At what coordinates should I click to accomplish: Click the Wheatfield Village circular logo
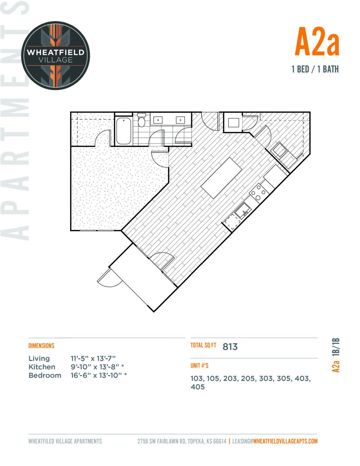(56, 56)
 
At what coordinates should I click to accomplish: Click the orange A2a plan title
(317, 42)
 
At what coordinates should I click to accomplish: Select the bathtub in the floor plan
(123, 131)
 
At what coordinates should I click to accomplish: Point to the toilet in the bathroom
(141, 120)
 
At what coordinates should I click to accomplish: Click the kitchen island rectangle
(222, 178)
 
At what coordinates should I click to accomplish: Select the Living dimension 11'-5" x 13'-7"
(93, 358)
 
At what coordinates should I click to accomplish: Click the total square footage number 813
(230, 346)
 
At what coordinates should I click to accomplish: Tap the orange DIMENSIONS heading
(41, 346)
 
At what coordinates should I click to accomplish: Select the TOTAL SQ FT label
(203, 345)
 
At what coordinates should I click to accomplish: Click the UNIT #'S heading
(199, 366)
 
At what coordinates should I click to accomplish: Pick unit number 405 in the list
(198, 387)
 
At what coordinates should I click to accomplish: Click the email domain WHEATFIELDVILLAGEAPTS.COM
(285, 441)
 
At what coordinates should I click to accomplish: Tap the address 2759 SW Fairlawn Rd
(162, 441)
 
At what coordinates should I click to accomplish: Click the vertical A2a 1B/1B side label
(336, 355)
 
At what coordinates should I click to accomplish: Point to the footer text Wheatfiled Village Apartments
(65, 441)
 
